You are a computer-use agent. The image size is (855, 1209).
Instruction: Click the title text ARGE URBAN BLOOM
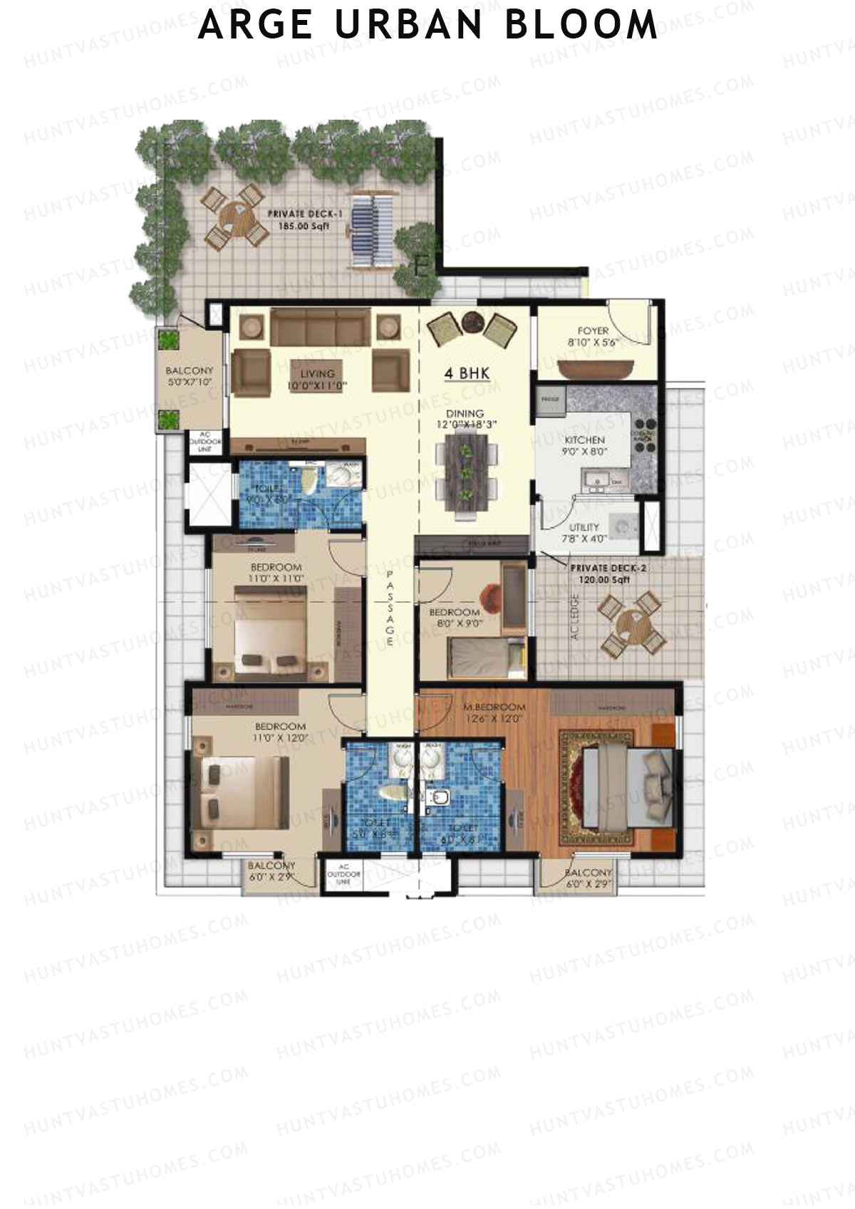click(x=427, y=25)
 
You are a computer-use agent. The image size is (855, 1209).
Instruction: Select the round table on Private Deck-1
click(x=233, y=215)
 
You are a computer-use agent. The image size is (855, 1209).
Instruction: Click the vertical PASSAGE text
click(x=390, y=608)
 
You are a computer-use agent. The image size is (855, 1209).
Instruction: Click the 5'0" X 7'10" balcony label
click(x=189, y=376)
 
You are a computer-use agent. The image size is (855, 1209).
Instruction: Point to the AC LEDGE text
click(x=575, y=616)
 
